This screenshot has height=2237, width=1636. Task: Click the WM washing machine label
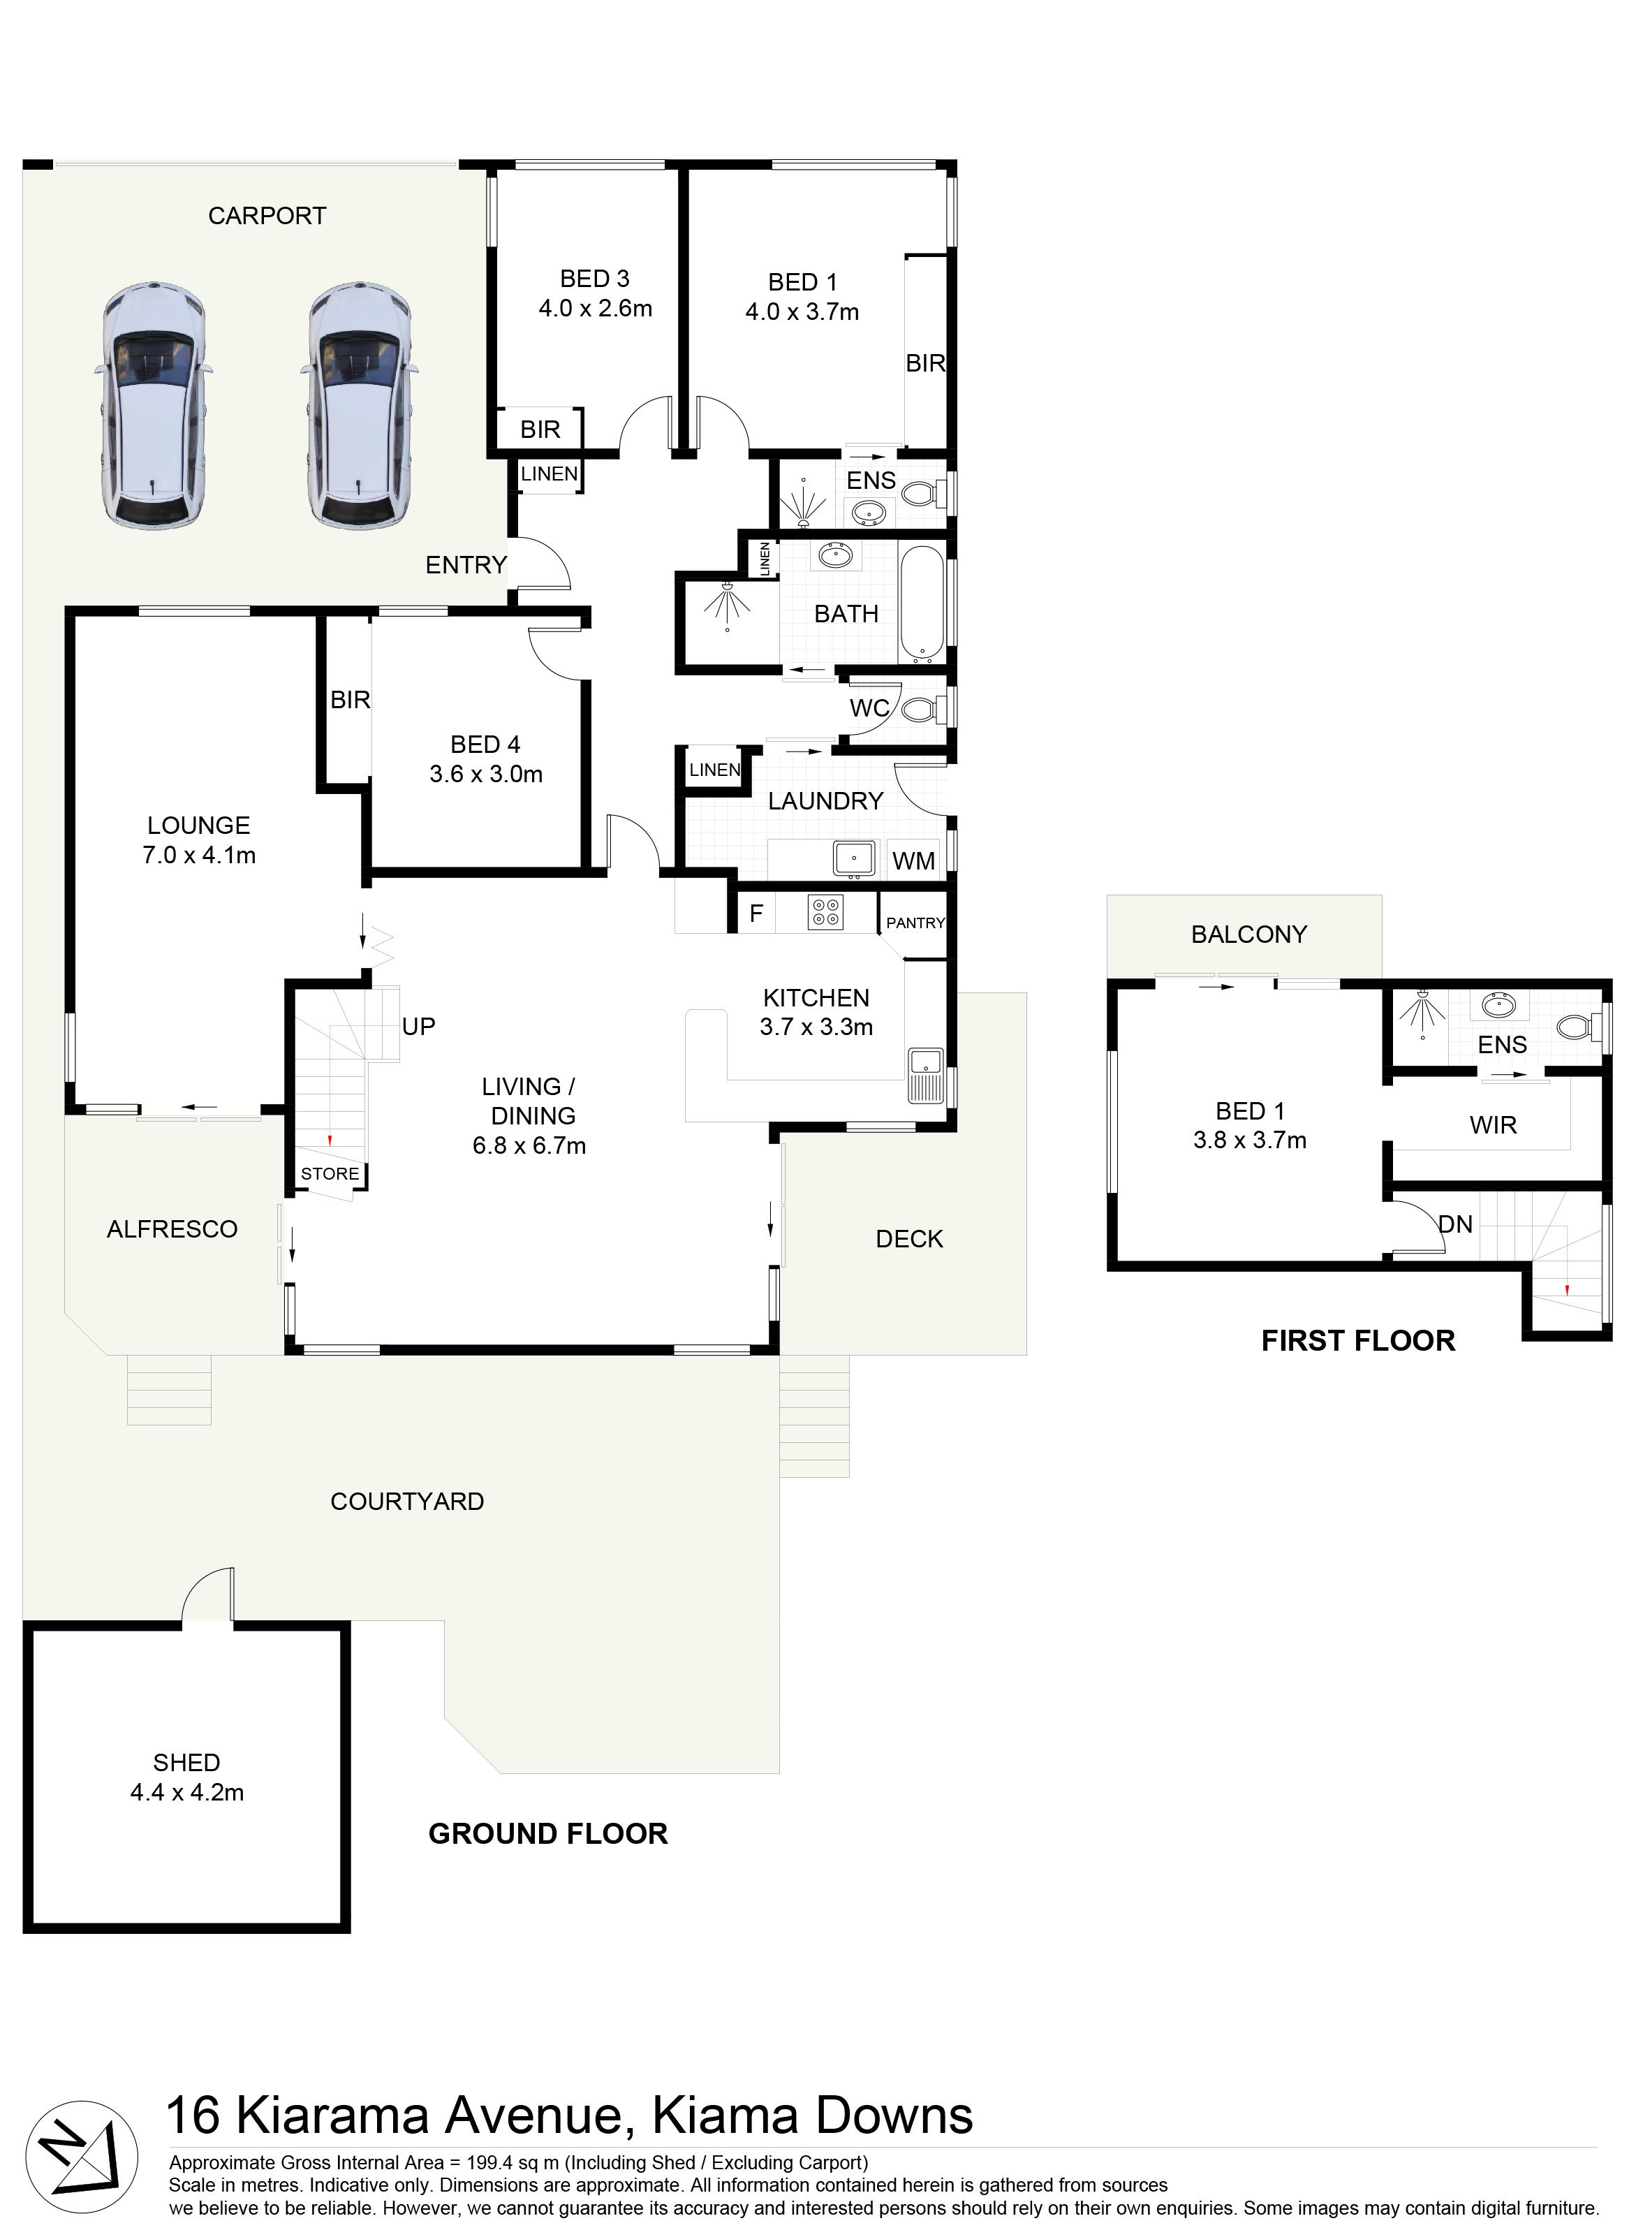tap(913, 860)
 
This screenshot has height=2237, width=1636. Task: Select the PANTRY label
tap(915, 923)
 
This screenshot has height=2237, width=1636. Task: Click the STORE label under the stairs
tap(330, 1173)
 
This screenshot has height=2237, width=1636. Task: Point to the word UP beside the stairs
tap(419, 1026)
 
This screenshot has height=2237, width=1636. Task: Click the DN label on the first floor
tap(1454, 1225)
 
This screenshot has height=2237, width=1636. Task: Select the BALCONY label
tap(1248, 934)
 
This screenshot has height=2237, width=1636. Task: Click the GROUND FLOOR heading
tap(547, 1834)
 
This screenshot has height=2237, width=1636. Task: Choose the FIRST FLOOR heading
tap(1357, 1341)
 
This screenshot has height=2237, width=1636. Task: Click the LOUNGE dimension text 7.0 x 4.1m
tap(199, 856)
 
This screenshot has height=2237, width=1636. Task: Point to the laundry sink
tap(853, 858)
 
